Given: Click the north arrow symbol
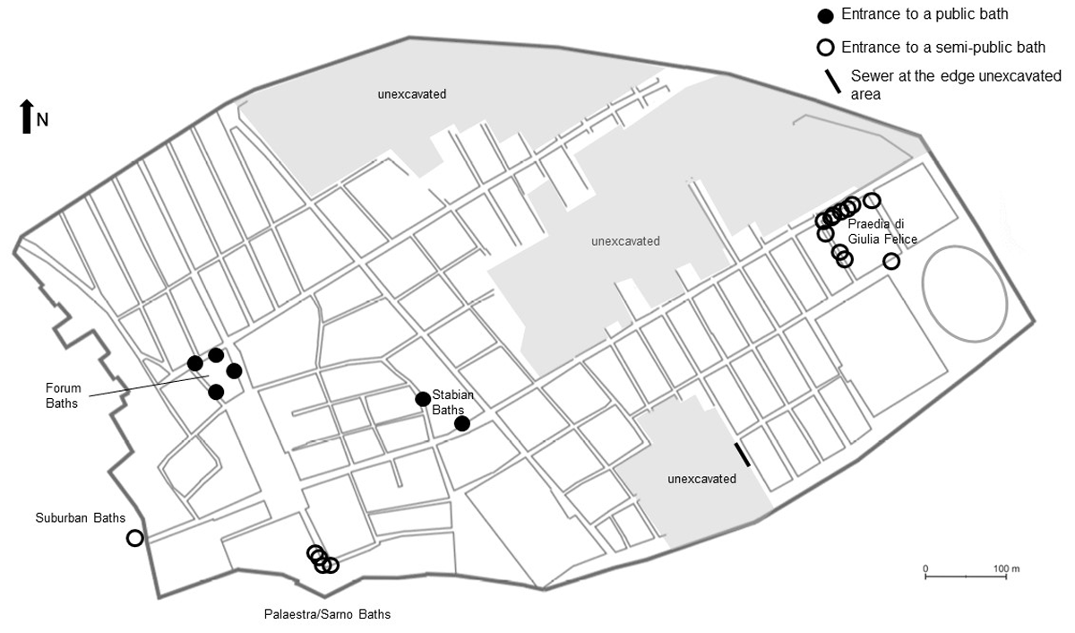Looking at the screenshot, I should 26,117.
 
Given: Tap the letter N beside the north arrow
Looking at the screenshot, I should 42,120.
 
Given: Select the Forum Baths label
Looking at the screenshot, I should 64,395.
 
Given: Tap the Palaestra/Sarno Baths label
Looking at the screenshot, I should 327,614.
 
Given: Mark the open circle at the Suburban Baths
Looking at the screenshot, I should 134,538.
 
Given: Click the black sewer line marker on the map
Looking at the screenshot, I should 743,455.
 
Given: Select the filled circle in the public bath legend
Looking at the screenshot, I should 825,15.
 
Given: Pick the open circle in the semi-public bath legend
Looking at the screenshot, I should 825,48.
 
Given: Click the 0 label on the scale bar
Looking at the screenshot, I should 925,568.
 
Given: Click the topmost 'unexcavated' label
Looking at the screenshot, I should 411,93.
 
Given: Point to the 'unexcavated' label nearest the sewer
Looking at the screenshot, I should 701,479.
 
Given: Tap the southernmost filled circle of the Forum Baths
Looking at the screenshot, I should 216,392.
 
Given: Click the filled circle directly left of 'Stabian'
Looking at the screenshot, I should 423,399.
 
